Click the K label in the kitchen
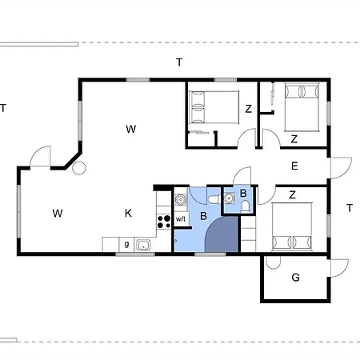tap(128, 213)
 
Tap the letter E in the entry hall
tap(294, 166)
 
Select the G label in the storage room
tap(294, 278)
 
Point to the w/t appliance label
tap(181, 219)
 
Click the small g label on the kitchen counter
tap(126, 243)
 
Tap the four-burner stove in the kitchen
tap(164, 219)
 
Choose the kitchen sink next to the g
tap(144, 243)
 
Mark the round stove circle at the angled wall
tap(78, 168)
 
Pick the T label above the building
tap(180, 62)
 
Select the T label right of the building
tap(350, 208)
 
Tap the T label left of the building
tap(4, 108)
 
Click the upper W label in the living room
tap(130, 128)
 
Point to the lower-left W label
tap(58, 213)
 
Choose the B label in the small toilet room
tap(232, 194)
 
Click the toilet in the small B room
tap(243, 206)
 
